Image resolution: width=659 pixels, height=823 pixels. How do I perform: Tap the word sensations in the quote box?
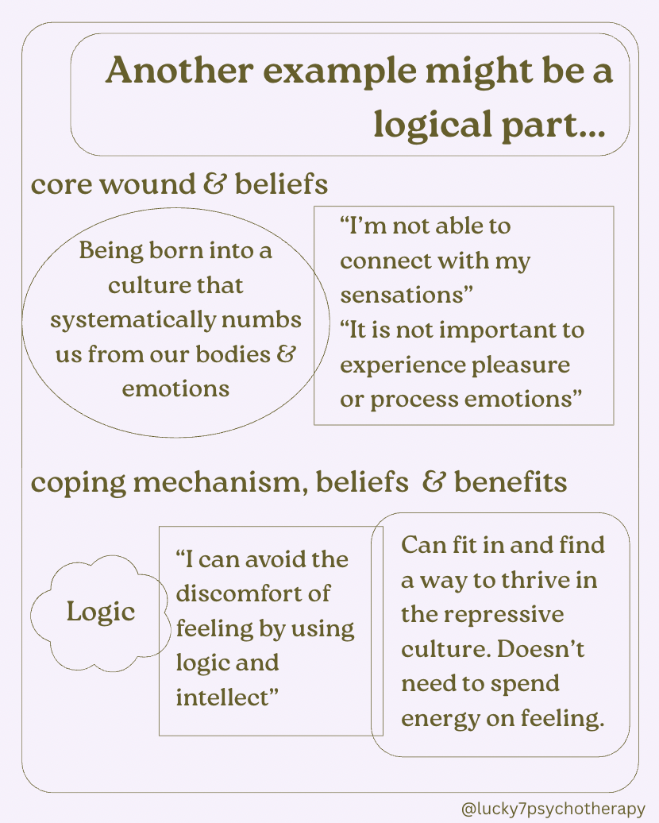click(x=403, y=296)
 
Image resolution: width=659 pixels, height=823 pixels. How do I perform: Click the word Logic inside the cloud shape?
click(x=101, y=612)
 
